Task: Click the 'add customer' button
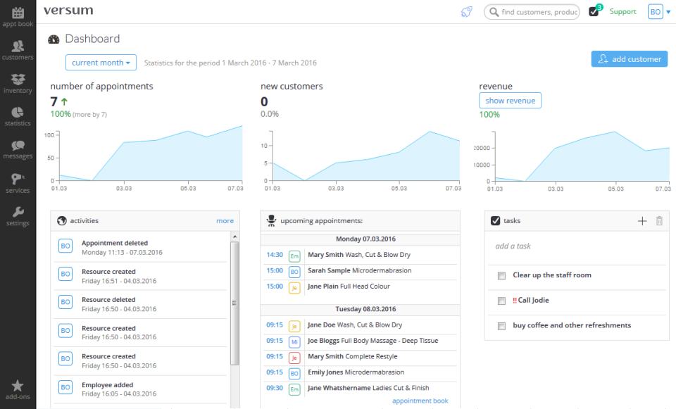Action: pyautogui.click(x=630, y=59)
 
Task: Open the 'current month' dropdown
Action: pyautogui.click(x=101, y=63)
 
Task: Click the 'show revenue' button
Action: pyautogui.click(x=510, y=101)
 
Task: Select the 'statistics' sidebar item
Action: pyautogui.click(x=18, y=117)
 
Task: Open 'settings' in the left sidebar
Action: pyautogui.click(x=18, y=217)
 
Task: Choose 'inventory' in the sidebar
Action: pyautogui.click(x=18, y=84)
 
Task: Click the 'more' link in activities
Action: pyautogui.click(x=225, y=221)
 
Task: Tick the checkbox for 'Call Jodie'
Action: pyautogui.click(x=501, y=301)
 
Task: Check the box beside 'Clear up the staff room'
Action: pyautogui.click(x=501, y=275)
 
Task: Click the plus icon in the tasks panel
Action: pyautogui.click(x=641, y=221)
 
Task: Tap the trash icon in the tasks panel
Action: pyautogui.click(x=659, y=221)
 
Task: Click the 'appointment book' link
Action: pyautogui.click(x=420, y=401)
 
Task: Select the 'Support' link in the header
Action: pyautogui.click(x=622, y=12)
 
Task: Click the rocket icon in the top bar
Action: pyautogui.click(x=466, y=12)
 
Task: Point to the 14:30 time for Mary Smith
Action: pyautogui.click(x=274, y=255)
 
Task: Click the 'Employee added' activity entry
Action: pyautogui.click(x=106, y=385)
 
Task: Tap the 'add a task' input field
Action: pyautogui.click(x=563, y=246)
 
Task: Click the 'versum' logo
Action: pyautogui.click(x=68, y=11)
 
